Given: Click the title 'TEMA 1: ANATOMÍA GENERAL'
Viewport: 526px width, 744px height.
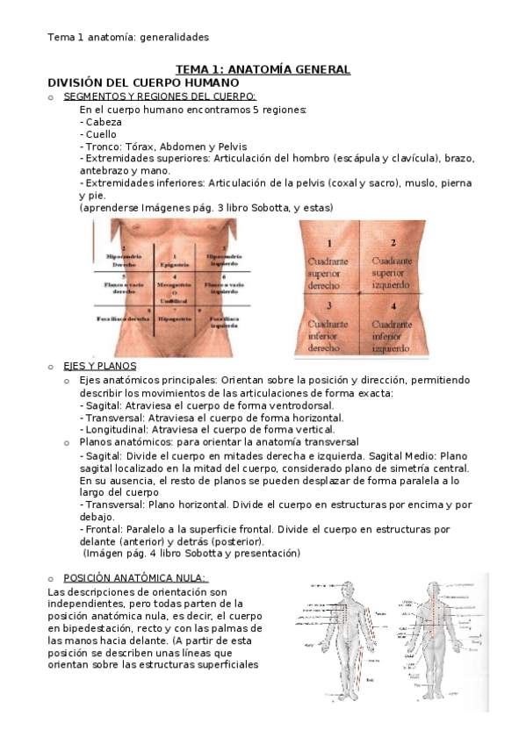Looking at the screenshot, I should pyautogui.click(x=263, y=69).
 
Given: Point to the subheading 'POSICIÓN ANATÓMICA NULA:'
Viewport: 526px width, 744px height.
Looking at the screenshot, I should pyautogui.click(x=135, y=577).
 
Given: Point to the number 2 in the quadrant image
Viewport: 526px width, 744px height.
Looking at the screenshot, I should pyautogui.click(x=393, y=243).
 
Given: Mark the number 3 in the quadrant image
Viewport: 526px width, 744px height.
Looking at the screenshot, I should pyautogui.click(x=328, y=305).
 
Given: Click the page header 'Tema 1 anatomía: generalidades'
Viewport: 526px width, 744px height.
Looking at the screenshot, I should pyautogui.click(x=127, y=37).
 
